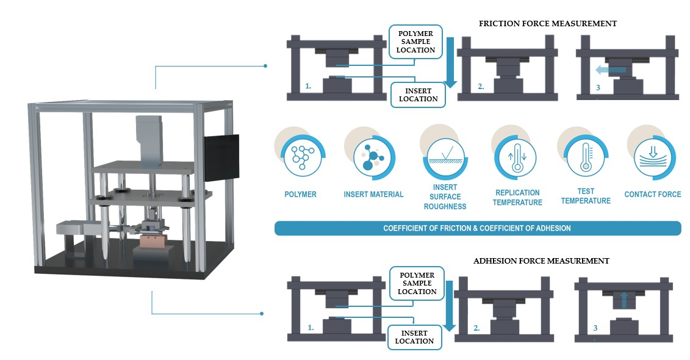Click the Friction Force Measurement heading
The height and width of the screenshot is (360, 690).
[x=547, y=24]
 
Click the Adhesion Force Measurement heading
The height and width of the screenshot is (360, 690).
[x=541, y=261]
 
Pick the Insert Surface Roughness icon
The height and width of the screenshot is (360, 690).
[x=443, y=158]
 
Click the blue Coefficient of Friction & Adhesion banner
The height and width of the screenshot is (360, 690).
[x=477, y=228]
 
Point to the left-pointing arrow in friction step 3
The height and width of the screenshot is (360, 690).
[x=610, y=71]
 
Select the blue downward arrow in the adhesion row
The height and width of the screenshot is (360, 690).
[x=449, y=306]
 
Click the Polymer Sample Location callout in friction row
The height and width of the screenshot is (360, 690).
[x=417, y=42]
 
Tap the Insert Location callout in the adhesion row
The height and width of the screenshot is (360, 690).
[x=414, y=337]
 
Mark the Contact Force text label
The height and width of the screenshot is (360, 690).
[x=652, y=195]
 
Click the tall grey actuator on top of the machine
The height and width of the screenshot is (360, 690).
[x=146, y=138]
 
